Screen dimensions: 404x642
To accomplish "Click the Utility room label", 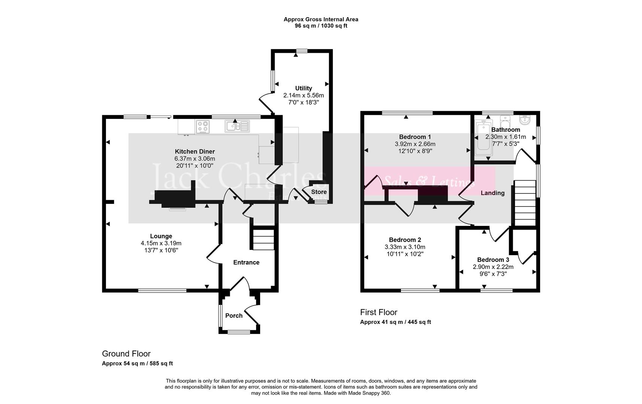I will click(x=303, y=88).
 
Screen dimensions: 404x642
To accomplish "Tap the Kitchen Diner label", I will click(x=195, y=151).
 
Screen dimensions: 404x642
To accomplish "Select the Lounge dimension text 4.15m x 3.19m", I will click(x=161, y=243).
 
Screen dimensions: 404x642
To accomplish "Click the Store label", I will click(x=319, y=192).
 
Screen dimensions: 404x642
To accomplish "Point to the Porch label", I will click(x=234, y=316).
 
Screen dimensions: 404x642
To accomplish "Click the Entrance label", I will click(x=246, y=263).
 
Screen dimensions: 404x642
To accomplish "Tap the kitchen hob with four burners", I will click(x=203, y=126).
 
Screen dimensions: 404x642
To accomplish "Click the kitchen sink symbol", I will click(x=237, y=126).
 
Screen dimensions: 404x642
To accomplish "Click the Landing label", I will click(x=493, y=193).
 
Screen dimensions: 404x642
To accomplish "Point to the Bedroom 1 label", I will click(x=415, y=137).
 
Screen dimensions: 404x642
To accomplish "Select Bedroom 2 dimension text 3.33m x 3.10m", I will click(x=405, y=247).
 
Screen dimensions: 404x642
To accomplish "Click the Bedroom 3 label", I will click(x=493, y=260).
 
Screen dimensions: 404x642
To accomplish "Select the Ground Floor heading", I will click(x=126, y=354).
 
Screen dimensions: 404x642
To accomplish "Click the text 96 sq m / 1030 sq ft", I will click(x=321, y=26).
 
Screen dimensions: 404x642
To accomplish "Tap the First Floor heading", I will click(x=378, y=312).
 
